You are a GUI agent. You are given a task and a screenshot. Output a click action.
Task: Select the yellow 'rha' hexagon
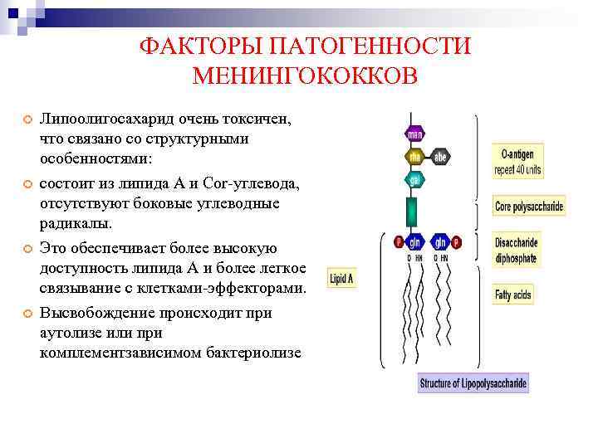click(x=414, y=156)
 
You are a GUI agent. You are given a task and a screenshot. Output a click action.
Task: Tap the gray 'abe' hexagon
click(x=440, y=156)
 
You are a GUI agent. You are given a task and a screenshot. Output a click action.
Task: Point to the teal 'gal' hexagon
click(x=414, y=178)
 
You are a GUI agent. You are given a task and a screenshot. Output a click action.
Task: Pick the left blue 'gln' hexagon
click(x=414, y=242)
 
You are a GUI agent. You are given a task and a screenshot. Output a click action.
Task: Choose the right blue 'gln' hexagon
click(x=440, y=242)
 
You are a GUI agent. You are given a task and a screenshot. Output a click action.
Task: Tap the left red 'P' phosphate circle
click(x=397, y=242)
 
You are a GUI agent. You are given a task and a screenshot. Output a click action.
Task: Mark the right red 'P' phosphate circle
click(x=457, y=242)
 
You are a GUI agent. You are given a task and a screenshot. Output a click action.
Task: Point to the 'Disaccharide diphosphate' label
click(x=516, y=251)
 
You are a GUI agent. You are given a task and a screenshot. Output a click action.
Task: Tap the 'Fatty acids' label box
click(x=513, y=295)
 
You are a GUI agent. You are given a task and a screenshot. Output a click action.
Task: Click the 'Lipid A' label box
click(x=342, y=279)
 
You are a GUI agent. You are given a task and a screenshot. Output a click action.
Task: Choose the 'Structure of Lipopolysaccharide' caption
click(x=473, y=384)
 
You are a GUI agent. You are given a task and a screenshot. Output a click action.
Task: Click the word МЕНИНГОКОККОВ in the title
click(x=305, y=76)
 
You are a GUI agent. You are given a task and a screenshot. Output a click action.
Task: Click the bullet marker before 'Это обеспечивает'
click(x=27, y=249)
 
